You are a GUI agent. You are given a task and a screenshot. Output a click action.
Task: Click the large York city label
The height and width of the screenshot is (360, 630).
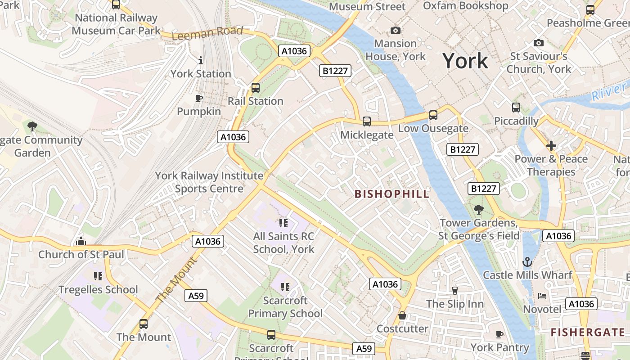[465, 61]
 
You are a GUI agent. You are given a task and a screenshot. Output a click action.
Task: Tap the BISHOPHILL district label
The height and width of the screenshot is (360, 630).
[392, 194]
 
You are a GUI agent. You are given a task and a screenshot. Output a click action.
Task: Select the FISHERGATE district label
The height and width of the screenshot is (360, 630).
[588, 333]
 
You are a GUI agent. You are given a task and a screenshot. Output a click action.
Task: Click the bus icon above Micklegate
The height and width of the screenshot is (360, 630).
[367, 121]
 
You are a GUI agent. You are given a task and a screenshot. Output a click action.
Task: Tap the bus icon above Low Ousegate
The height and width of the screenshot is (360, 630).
[433, 115]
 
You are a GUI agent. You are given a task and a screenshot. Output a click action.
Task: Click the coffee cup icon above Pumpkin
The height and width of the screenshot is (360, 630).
[199, 98]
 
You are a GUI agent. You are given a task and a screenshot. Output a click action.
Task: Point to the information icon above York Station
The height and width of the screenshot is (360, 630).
[201, 60]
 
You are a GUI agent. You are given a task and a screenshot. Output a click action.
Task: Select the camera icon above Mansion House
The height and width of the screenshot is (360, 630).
[395, 30]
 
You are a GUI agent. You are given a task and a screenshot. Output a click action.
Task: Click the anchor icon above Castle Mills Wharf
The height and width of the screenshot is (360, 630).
[527, 261]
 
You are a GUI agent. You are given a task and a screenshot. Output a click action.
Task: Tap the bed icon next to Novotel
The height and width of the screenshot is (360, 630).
[542, 296]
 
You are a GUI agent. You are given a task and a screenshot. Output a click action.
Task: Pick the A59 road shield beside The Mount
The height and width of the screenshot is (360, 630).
[196, 296]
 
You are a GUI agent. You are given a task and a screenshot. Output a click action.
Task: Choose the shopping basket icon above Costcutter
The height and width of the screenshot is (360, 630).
[402, 315]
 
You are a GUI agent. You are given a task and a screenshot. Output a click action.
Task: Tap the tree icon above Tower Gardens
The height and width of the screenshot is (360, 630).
[478, 209]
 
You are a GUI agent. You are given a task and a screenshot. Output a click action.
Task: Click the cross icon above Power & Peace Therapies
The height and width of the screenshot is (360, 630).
[551, 146]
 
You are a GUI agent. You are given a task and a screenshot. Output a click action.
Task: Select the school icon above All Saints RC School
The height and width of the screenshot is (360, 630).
[283, 223]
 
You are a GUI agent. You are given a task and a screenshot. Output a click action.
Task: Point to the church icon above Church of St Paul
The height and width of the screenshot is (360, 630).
[81, 242]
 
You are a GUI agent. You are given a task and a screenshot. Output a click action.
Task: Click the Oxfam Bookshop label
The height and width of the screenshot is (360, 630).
[466, 6]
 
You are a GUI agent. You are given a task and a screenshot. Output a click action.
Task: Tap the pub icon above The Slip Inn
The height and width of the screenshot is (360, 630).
[454, 291]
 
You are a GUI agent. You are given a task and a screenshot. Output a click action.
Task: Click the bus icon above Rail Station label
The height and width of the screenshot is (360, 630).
[256, 88]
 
